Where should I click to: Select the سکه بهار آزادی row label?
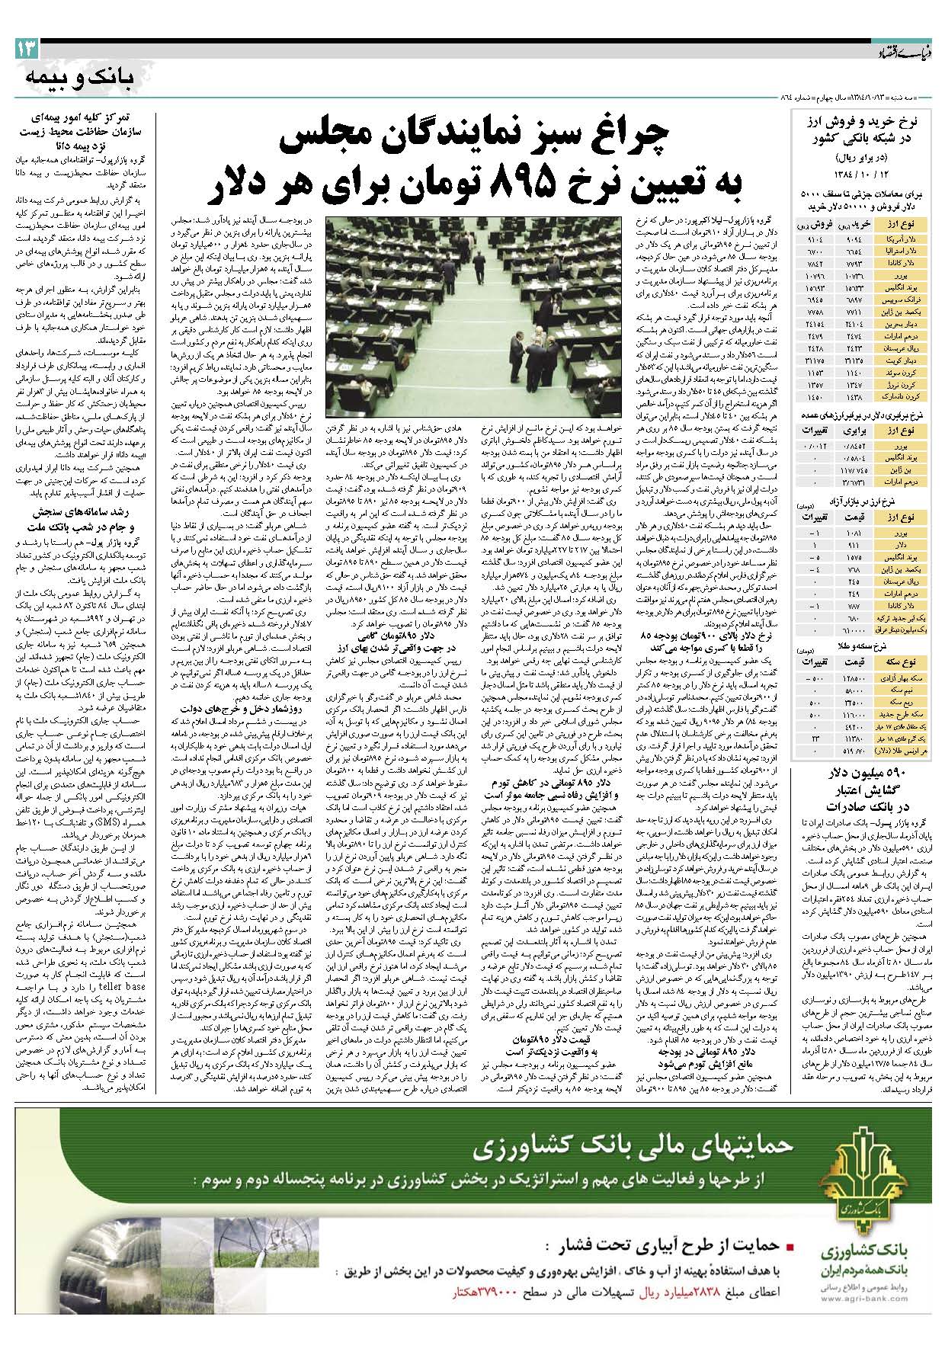(x=904, y=678)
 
